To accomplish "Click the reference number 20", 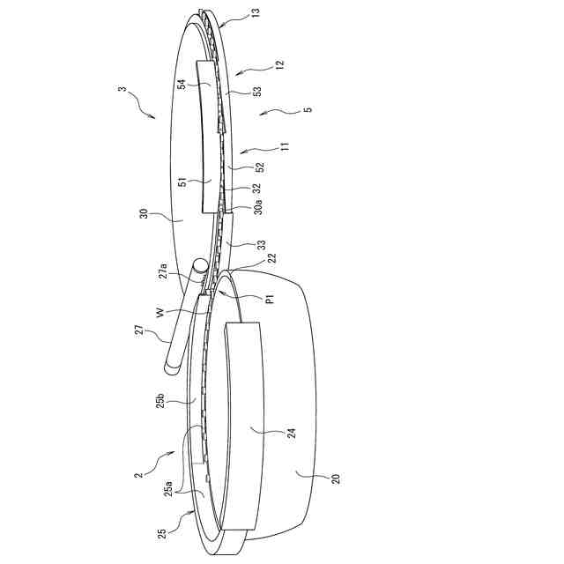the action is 336,479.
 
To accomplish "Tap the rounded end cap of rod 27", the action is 200,263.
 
